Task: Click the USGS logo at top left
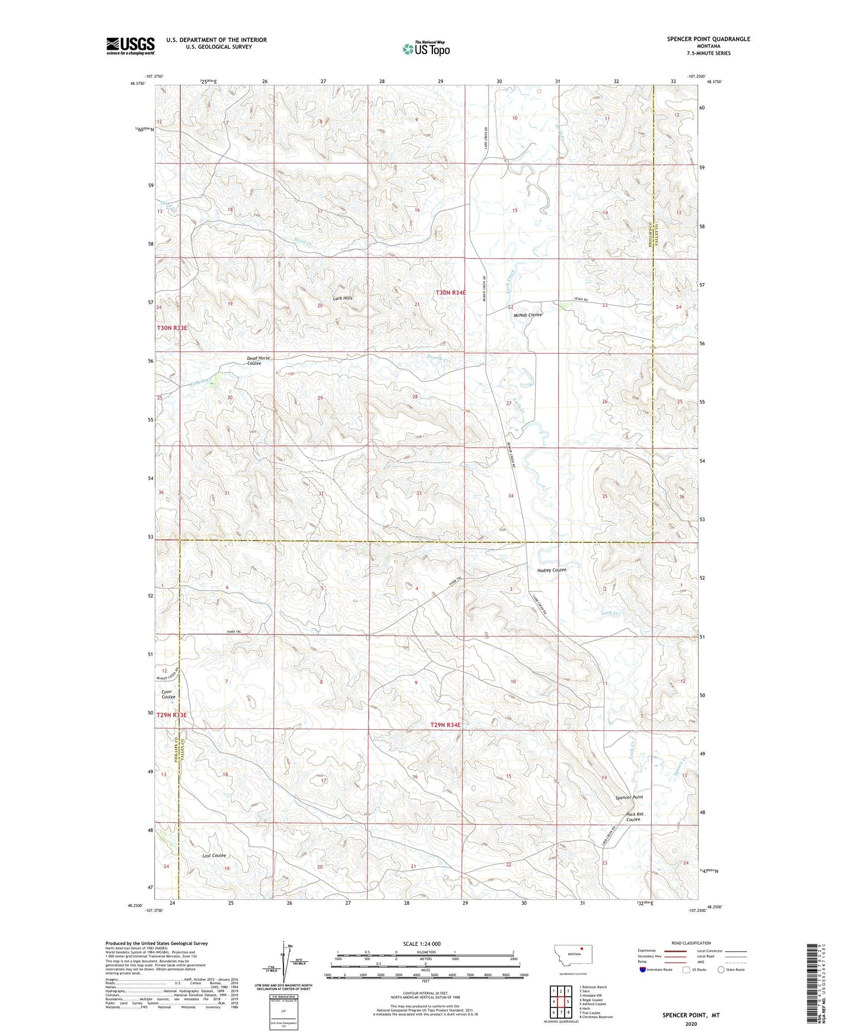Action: point(130,45)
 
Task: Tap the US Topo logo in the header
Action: point(426,48)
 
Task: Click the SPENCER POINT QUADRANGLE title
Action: point(708,39)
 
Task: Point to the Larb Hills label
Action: point(342,298)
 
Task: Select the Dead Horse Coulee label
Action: point(258,361)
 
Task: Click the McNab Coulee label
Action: point(528,314)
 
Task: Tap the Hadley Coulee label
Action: point(552,570)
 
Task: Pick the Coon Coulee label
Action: point(168,694)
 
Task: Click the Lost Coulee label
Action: point(214,856)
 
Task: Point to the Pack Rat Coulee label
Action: point(634,816)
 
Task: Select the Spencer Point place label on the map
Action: point(629,797)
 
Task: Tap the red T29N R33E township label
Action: point(172,715)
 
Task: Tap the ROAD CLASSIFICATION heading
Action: point(691,943)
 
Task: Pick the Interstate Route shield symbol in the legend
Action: point(643,970)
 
